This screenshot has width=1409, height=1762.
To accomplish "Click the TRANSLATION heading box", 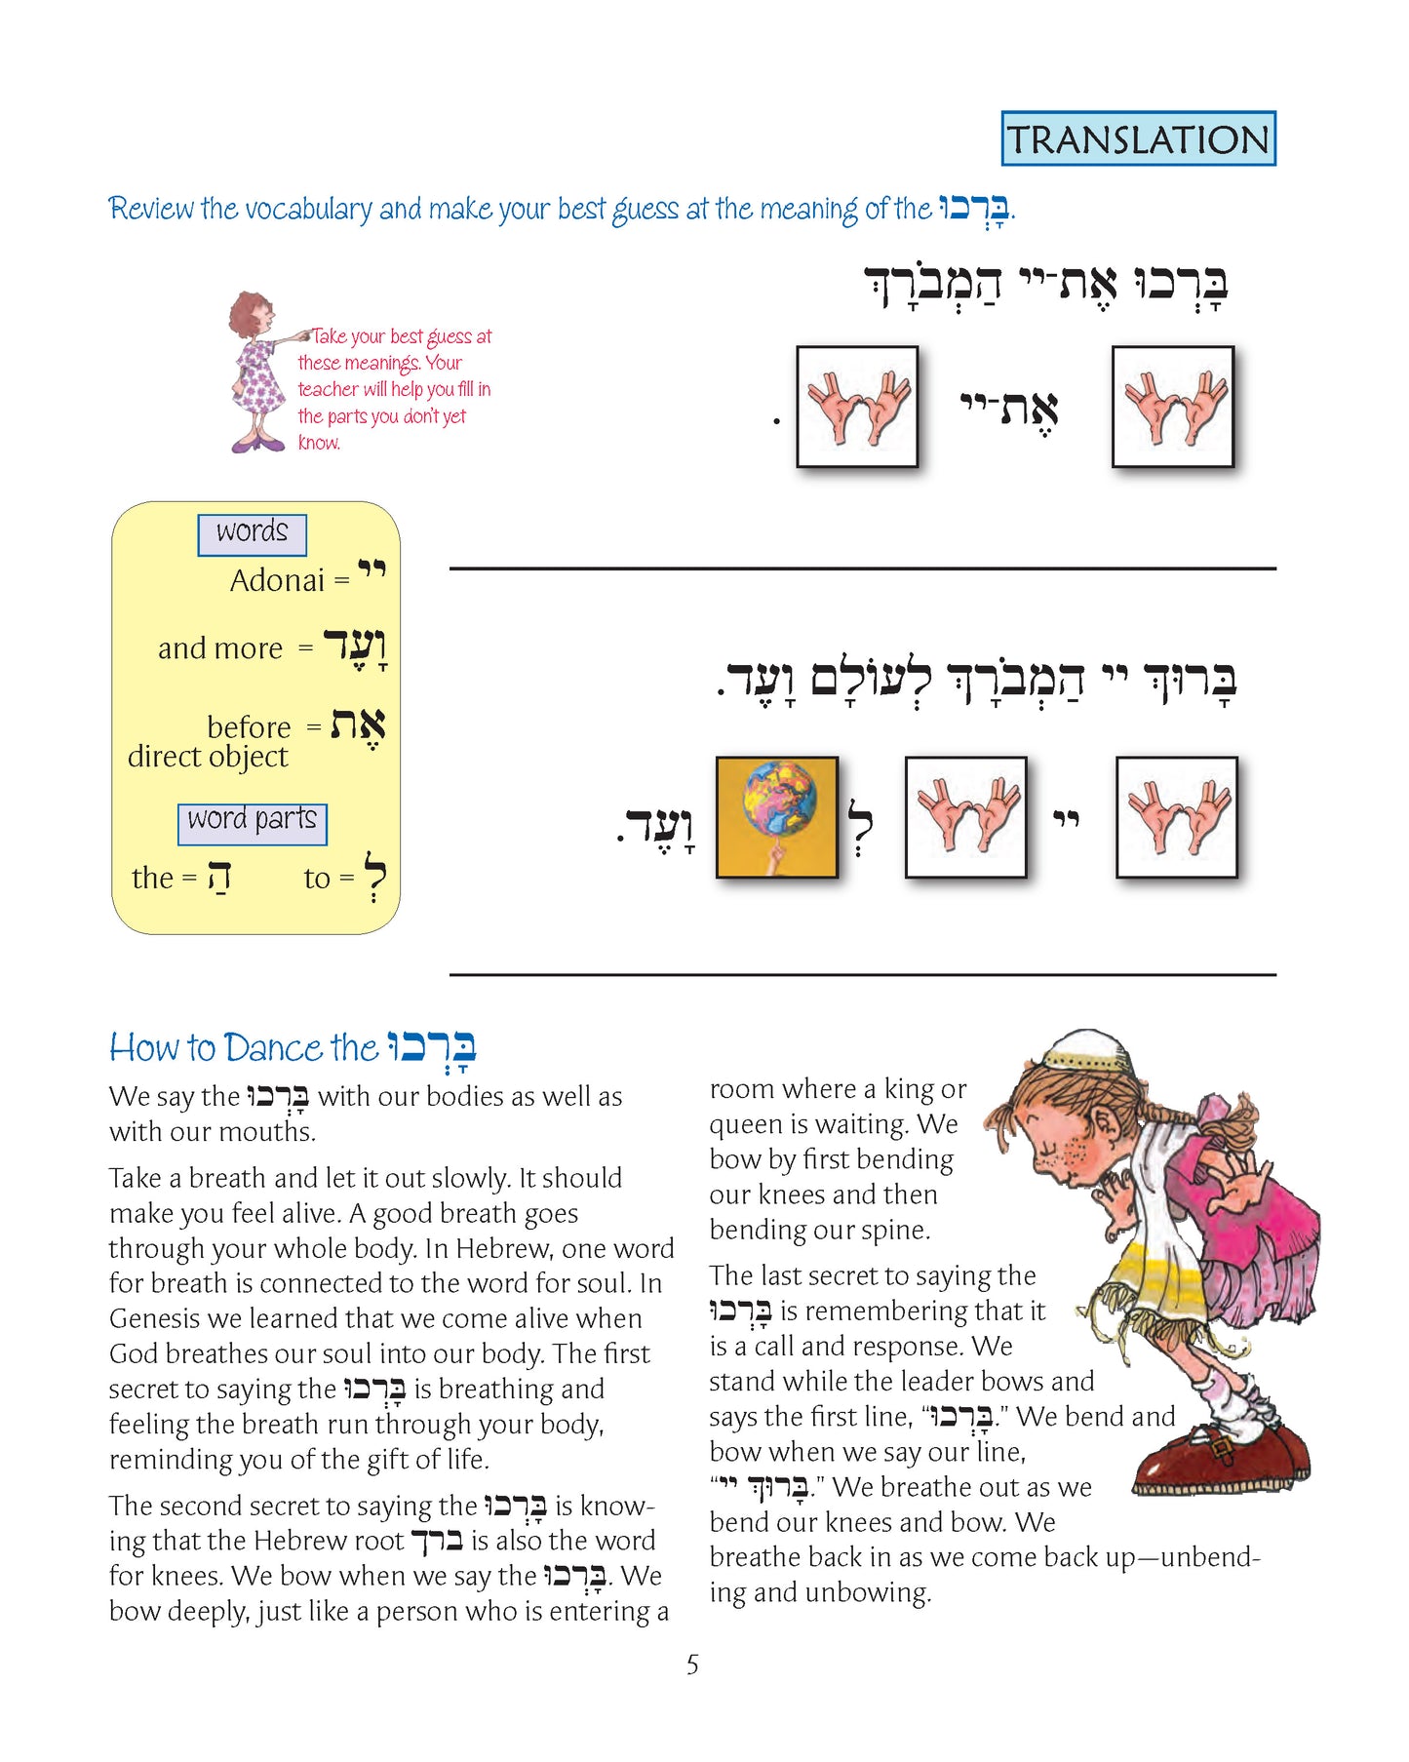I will (x=1138, y=138).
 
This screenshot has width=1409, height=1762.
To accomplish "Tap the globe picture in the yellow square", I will (x=777, y=816).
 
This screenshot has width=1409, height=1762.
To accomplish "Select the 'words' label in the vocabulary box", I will (x=252, y=532).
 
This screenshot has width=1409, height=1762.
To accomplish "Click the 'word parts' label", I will (x=252, y=820).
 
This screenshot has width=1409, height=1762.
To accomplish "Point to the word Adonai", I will (x=277, y=581).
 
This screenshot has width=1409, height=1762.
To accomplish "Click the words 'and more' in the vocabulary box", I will (x=220, y=648).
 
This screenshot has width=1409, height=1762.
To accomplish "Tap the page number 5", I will (x=692, y=1664).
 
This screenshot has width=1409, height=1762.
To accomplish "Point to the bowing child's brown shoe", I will (x=1219, y=1460).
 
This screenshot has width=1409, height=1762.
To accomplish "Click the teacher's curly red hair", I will (x=248, y=311).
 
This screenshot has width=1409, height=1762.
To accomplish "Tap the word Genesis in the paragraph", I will (x=157, y=1319).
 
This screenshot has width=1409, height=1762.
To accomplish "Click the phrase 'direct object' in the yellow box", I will (x=208, y=757).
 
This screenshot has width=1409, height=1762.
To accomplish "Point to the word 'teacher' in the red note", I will (x=329, y=389).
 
